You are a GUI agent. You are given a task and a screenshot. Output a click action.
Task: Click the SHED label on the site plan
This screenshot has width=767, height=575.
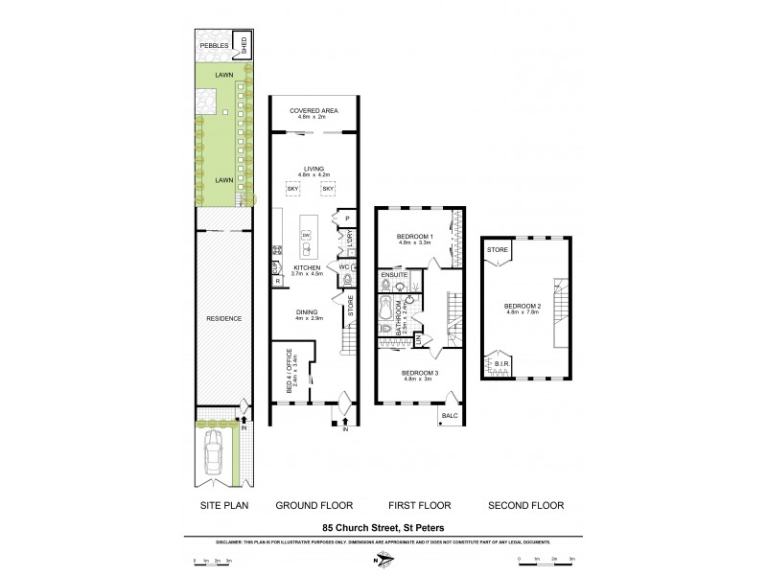point(244,44)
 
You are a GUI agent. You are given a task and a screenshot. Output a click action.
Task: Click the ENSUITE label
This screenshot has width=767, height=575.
point(396,275)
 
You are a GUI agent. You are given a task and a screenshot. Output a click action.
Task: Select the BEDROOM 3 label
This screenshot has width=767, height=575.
point(419,373)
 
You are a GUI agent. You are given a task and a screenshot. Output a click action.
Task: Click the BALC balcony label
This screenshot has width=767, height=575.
point(451,415)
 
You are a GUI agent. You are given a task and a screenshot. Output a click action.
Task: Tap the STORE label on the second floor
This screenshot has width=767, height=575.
point(497,251)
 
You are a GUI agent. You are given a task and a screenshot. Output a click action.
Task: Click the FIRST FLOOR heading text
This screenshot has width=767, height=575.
point(419,505)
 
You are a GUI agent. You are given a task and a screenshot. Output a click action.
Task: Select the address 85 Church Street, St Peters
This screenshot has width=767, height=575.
point(383,525)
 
